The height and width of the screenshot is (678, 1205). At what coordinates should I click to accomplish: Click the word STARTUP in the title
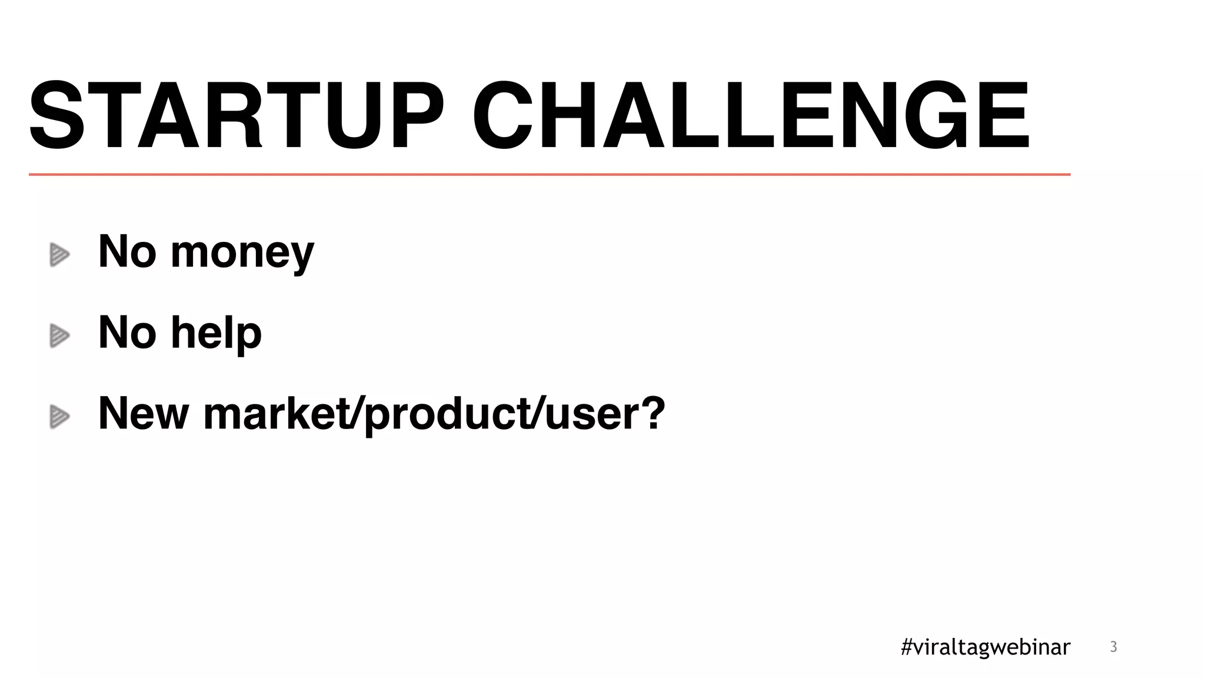tap(235, 116)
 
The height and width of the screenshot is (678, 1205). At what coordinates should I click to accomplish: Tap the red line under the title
tap(549, 174)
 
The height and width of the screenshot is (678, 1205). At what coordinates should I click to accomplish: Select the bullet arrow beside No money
tap(59, 255)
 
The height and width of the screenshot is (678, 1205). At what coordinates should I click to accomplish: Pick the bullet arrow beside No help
tap(59, 335)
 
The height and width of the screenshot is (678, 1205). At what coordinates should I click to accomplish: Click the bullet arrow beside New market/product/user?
tap(59, 417)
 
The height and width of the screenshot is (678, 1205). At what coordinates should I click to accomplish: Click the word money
tap(242, 253)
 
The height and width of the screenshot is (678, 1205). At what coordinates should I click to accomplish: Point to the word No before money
tap(128, 251)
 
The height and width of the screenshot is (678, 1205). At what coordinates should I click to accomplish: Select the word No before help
tap(128, 333)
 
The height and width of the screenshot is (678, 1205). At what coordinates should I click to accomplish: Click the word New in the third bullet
tap(144, 413)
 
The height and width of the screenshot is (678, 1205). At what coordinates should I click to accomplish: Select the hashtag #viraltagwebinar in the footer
tap(986, 647)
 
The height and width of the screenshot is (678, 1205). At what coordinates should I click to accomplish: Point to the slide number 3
tap(1113, 647)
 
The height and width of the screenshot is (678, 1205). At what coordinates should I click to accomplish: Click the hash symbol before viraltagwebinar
tap(907, 647)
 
